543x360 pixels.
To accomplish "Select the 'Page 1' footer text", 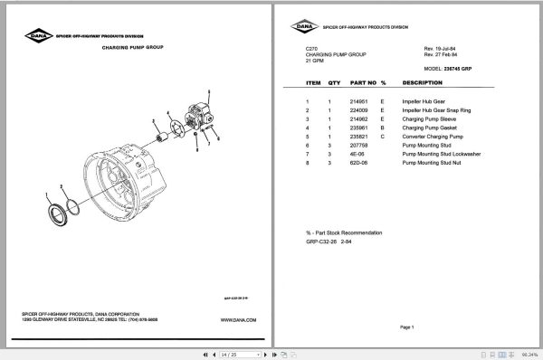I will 405,327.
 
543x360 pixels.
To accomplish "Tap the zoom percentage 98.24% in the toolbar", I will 529,354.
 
